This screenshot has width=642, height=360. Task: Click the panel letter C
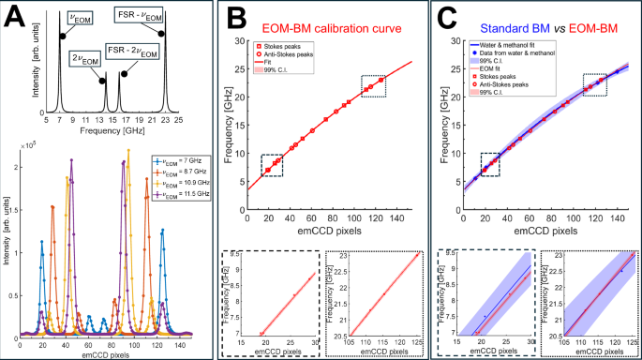449,15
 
